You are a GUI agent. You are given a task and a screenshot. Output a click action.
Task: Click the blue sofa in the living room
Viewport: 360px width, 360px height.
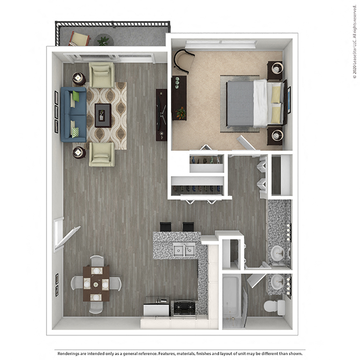73,114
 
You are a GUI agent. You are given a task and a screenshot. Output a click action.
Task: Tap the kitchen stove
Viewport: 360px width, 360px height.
184,307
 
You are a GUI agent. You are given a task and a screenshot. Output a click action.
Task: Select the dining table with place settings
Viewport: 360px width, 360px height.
96,283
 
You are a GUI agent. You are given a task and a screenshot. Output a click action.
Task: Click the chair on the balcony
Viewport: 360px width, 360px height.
80,39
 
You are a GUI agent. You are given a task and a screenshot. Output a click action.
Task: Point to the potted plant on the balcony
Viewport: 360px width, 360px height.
103,40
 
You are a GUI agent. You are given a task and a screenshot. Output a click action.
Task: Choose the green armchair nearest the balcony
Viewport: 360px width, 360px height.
102,75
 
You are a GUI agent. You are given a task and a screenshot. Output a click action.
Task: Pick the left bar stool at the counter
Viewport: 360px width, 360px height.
165,227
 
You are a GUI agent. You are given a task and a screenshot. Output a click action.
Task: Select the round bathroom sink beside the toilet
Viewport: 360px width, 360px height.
278,280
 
